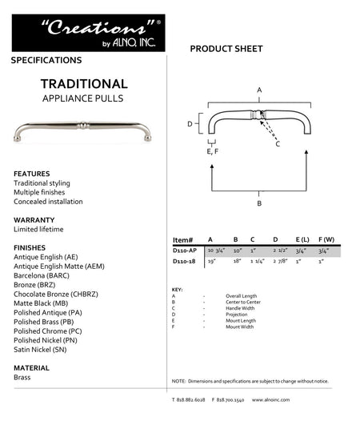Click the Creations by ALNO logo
[89, 33]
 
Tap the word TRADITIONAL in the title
[84, 83]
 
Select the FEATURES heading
[32, 174]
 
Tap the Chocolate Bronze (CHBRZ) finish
[56, 294]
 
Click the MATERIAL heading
[32, 368]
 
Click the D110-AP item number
[185, 251]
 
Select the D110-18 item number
[184, 261]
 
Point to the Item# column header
[183, 239]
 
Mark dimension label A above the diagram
[259, 90]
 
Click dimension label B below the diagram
[259, 203]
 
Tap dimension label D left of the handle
[190, 124]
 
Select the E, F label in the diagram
[212, 151]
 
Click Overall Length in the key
[241, 295]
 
